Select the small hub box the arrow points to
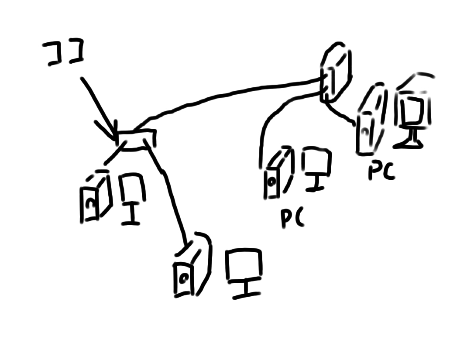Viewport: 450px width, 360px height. (x=137, y=140)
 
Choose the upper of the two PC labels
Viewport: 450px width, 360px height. (x=381, y=171)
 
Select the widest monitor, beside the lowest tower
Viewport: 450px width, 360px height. (x=244, y=271)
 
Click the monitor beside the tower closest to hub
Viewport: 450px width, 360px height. (x=131, y=196)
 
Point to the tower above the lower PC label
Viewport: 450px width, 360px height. (x=276, y=175)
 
